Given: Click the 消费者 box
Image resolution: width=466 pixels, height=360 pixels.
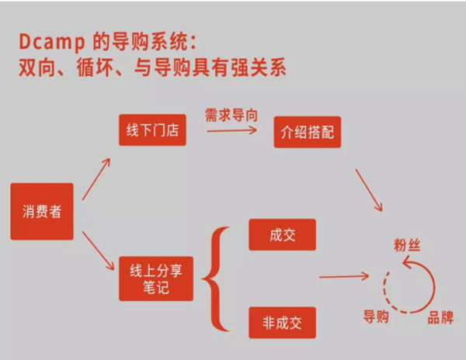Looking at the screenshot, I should tap(42, 211).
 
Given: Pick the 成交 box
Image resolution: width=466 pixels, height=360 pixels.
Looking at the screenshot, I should tap(282, 235).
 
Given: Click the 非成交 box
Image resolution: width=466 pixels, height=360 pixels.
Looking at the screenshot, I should tap(282, 322).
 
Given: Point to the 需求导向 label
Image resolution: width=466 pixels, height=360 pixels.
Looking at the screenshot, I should tap(231, 115).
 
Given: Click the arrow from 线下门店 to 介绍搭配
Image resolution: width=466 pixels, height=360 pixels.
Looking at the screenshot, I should tap(231, 131).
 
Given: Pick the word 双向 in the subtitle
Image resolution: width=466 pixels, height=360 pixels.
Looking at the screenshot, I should tap(36, 68).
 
